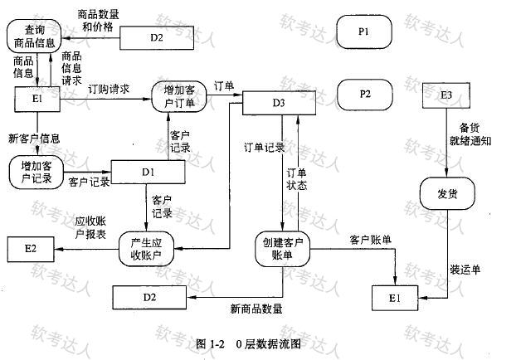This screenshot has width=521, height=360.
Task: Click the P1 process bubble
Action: click(364, 32)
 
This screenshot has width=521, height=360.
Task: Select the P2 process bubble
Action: click(364, 95)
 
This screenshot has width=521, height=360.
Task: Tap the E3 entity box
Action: click(446, 95)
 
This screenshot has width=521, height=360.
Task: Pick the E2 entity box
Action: click(31, 249)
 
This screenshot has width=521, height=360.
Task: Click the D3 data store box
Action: click(279, 103)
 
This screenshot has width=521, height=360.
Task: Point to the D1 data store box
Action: click(148, 172)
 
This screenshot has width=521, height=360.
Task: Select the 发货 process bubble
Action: click(447, 193)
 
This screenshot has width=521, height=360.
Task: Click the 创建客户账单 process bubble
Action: click(282, 249)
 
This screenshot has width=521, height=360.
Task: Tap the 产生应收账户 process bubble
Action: click(146, 249)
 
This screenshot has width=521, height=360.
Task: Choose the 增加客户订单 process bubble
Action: click(179, 96)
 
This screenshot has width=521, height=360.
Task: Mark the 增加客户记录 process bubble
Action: click(37, 172)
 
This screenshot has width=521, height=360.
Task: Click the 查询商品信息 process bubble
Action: click(34, 36)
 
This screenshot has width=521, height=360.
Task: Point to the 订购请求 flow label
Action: click(109, 89)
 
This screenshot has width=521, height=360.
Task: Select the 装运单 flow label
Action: click(465, 270)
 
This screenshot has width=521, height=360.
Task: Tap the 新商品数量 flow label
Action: click(256, 309)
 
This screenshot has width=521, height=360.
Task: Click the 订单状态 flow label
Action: click(297, 179)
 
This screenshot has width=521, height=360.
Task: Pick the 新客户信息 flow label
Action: click(34, 139)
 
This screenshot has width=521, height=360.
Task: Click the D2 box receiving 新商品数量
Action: click(149, 297)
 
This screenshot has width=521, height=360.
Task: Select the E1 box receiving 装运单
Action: click(395, 298)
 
